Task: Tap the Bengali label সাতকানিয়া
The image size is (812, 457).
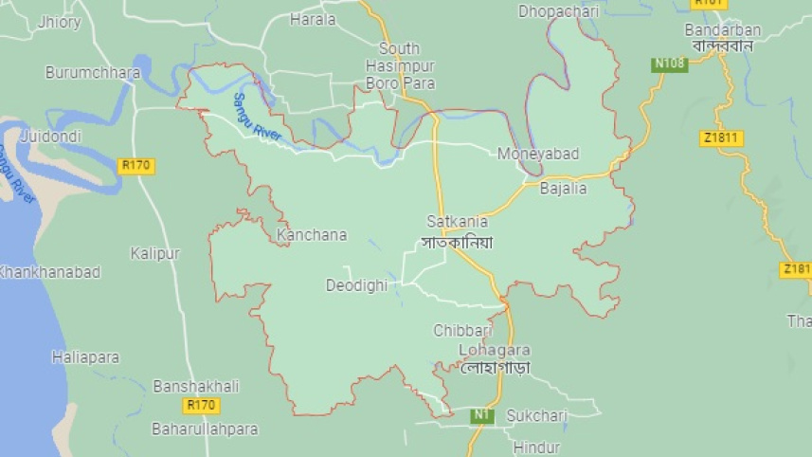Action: pos(458,242)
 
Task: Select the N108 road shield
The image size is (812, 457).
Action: pos(669,64)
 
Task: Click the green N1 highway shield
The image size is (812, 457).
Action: pos(483,415)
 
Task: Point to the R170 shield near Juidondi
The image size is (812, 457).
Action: pos(136,165)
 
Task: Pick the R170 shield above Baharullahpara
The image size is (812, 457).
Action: pos(202,406)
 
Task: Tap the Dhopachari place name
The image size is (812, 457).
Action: pos(560,11)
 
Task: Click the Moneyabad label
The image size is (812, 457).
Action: pos(538,154)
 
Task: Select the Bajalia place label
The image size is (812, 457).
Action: pos(563,188)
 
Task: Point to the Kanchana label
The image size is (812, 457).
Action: pos(312,234)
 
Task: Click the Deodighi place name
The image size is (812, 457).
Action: pos(356,284)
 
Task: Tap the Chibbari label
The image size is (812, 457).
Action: pos(463,330)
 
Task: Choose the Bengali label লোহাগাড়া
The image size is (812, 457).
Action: pos(494,367)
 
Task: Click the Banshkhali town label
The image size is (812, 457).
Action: pos(196,386)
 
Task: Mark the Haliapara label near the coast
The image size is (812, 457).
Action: pos(85,357)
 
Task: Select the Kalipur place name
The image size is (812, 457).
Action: pos(154,253)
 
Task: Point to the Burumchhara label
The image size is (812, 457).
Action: pos(86,72)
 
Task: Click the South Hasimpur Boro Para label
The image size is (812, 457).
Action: pos(400,66)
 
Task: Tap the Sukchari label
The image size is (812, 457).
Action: pos(536,415)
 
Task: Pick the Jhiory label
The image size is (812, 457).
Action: pos(60,23)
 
